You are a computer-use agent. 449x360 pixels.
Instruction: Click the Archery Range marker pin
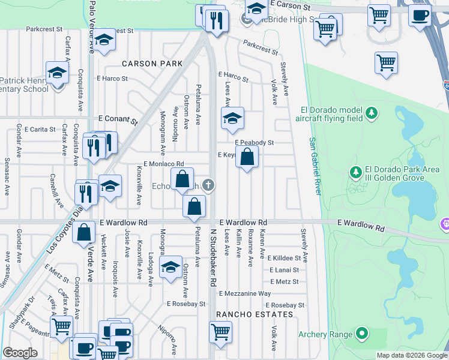(x=361, y=333)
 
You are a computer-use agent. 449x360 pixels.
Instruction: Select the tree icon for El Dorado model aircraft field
(x=372, y=112)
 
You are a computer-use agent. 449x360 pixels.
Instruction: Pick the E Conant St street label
(x=113, y=119)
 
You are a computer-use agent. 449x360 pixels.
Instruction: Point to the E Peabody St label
(x=254, y=143)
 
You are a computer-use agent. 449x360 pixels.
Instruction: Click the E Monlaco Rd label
(x=163, y=163)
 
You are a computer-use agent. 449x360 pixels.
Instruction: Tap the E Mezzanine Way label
(x=245, y=293)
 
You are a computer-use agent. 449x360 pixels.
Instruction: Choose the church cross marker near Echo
(x=208, y=185)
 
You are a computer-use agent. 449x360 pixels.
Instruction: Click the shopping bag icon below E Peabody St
(x=247, y=158)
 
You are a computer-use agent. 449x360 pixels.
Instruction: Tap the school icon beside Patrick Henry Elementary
(x=57, y=74)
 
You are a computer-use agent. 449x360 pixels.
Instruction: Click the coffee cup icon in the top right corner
(x=420, y=15)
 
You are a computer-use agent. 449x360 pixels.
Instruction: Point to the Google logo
(x=20, y=353)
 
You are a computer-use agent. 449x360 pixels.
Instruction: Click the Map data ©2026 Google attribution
(x=411, y=355)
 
